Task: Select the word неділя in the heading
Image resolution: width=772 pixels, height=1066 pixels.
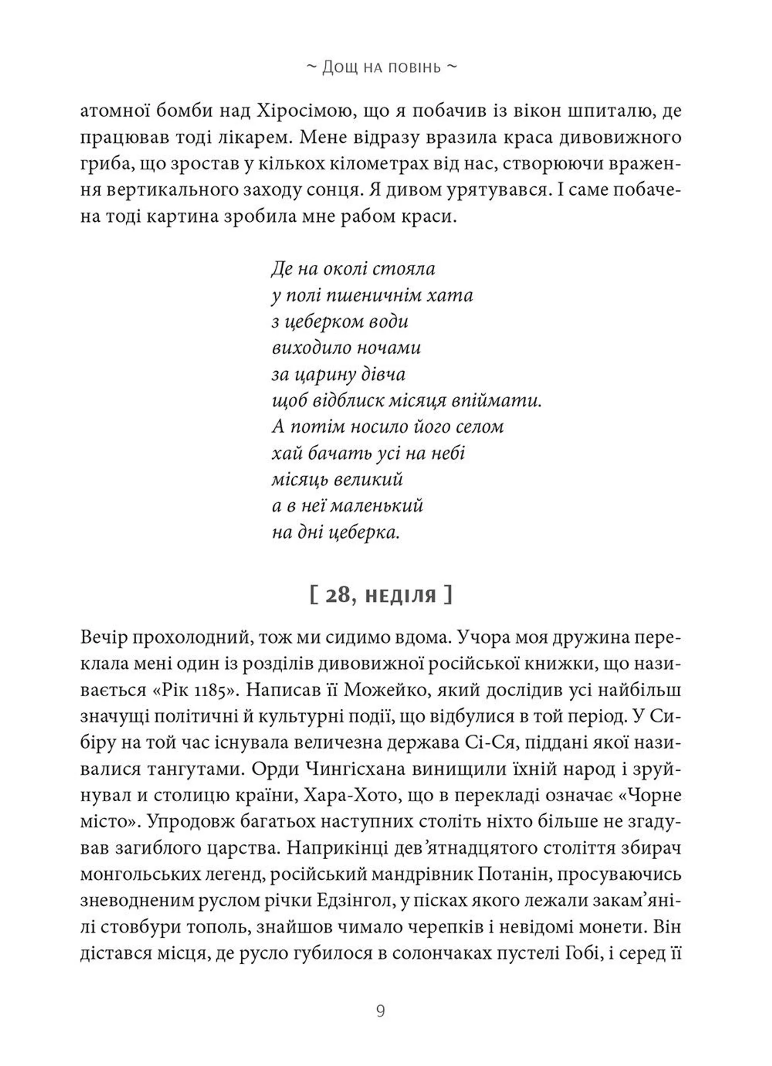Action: click(401, 597)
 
